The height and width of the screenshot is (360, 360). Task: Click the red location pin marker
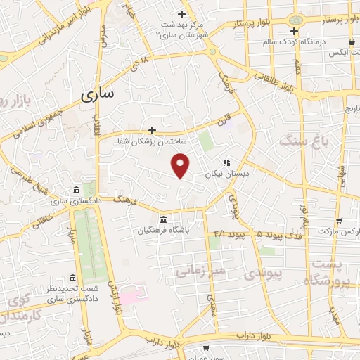click(x=181, y=165)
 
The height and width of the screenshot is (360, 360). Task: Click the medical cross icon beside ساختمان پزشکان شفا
click(x=152, y=129)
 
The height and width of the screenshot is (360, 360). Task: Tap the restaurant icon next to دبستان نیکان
click(x=227, y=161)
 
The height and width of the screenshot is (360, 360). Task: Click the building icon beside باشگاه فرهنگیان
click(x=163, y=217)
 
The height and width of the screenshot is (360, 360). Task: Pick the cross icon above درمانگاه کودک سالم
click(x=295, y=30)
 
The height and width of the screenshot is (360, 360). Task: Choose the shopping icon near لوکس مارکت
click(x=338, y=219)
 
